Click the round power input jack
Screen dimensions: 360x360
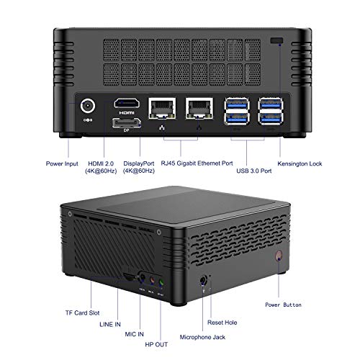click(x=88, y=106)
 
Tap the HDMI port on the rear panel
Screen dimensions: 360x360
click(x=127, y=103)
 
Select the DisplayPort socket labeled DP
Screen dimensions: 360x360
click(x=127, y=123)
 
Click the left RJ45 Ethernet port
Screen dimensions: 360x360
click(x=162, y=108)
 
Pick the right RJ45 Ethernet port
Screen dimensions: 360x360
click(x=199, y=108)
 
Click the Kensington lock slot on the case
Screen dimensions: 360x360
click(x=276, y=40)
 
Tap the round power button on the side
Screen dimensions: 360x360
click(x=279, y=256)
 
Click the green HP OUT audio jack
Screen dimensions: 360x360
click(x=161, y=282)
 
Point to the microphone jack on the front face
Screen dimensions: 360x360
click(x=203, y=280)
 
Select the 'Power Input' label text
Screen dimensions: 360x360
click(x=62, y=163)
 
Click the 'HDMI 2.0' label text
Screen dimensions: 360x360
click(x=101, y=163)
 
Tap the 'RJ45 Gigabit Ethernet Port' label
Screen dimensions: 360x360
click(x=197, y=163)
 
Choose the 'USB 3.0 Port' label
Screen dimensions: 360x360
click(x=254, y=171)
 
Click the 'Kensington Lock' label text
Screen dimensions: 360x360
click(x=300, y=163)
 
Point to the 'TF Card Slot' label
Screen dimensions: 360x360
click(x=82, y=313)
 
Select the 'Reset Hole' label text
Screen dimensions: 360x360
click(x=222, y=323)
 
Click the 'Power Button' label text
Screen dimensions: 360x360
click(x=283, y=305)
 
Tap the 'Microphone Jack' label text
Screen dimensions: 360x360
click(x=202, y=337)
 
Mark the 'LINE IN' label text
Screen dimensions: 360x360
click(x=110, y=325)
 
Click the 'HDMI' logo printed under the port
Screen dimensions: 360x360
click(x=127, y=113)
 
